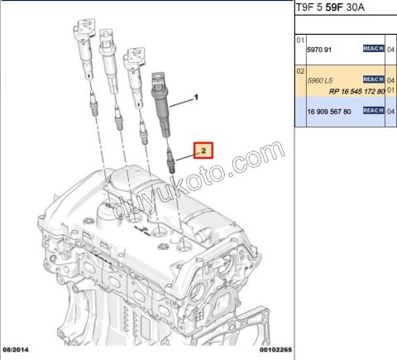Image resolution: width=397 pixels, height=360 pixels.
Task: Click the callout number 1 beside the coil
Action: [x=197, y=98]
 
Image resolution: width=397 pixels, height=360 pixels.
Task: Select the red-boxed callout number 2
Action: [x=203, y=150]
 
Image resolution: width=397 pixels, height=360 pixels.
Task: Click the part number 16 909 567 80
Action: [x=329, y=111]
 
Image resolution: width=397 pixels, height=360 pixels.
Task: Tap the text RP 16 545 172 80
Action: [x=356, y=90]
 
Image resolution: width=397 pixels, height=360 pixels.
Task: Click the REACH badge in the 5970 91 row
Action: [x=373, y=49]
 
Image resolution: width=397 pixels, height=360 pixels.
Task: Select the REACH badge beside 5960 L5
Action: [x=373, y=79]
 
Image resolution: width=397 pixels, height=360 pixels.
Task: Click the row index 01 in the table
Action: [x=301, y=39]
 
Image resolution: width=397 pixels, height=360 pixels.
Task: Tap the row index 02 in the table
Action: [x=301, y=72]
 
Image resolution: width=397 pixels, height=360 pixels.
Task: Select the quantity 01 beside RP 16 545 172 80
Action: [x=391, y=90]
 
